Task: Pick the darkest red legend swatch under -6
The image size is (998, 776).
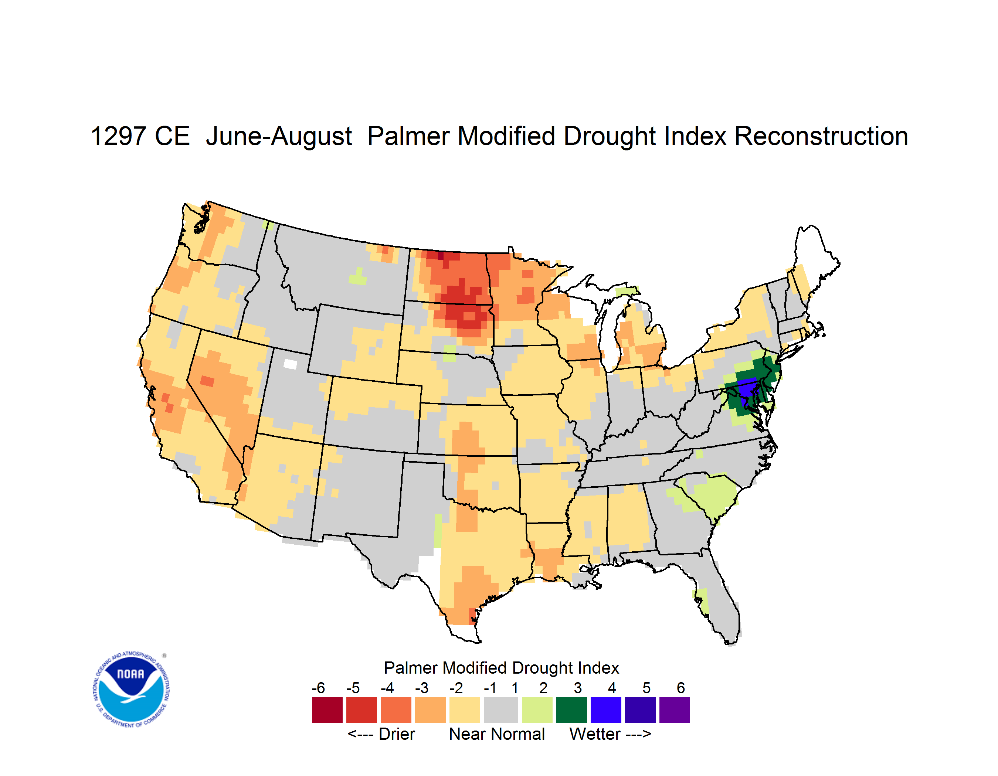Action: click(x=327, y=710)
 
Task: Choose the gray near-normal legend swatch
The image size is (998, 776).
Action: click(x=501, y=710)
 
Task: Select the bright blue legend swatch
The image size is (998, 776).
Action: click(x=605, y=710)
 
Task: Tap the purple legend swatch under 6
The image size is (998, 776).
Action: click(x=675, y=710)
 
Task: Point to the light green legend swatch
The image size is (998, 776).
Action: click(x=537, y=710)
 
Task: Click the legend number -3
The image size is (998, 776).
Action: click(x=422, y=688)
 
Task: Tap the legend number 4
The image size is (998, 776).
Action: click(x=612, y=688)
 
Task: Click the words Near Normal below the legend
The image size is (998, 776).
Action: click(x=497, y=734)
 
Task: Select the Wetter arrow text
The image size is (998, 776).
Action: click(x=610, y=734)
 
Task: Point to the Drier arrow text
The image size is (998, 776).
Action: click(x=381, y=734)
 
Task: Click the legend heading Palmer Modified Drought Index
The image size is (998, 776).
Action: click(x=501, y=668)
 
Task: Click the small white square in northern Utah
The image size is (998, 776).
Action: click(x=290, y=364)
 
